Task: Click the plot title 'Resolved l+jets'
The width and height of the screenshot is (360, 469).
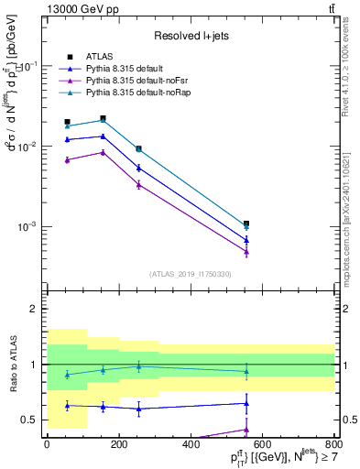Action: [x=191, y=36]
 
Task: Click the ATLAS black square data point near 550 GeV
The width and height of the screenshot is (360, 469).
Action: [x=246, y=224]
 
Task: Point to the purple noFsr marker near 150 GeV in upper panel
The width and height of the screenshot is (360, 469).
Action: [x=103, y=152]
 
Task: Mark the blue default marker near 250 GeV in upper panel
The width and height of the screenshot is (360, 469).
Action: [x=138, y=168]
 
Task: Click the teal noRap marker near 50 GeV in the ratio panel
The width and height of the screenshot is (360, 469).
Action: [x=66, y=375]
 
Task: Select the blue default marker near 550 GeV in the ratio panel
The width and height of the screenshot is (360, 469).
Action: [x=246, y=403]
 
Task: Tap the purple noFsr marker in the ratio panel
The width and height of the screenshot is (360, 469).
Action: [x=246, y=429]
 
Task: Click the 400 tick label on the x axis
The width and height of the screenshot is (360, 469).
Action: [x=191, y=445]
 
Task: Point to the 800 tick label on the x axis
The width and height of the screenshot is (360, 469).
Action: [x=335, y=445]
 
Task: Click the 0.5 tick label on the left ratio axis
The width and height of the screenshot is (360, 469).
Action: [x=28, y=420]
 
